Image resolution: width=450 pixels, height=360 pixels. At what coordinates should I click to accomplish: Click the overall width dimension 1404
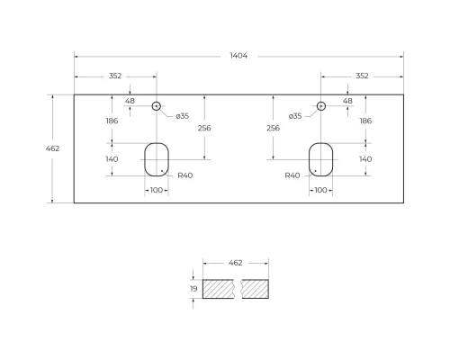point(238,56)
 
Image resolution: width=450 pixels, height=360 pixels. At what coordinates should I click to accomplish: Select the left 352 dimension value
point(115,76)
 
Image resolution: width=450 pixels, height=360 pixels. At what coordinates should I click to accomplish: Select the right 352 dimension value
point(362,76)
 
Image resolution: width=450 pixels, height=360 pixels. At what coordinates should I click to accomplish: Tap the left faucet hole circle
point(157,106)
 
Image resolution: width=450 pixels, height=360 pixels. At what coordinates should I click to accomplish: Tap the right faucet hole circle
point(321,106)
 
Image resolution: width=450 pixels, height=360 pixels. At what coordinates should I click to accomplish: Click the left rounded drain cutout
point(157,158)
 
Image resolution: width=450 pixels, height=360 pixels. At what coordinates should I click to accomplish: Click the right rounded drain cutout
point(321,158)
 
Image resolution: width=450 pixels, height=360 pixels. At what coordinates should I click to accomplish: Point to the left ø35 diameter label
point(182,116)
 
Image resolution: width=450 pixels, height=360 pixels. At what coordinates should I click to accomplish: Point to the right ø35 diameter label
point(295,116)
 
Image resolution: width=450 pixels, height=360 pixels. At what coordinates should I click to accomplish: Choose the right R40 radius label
point(292,175)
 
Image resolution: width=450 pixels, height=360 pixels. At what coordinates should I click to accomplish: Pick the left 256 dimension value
point(204,129)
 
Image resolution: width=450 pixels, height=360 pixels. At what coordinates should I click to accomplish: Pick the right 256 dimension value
point(273,129)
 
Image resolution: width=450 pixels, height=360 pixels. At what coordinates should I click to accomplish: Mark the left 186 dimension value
point(112,121)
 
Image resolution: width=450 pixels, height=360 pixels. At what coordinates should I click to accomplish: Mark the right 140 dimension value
point(365,159)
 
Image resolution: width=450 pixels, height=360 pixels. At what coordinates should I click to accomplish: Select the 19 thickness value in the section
point(193,289)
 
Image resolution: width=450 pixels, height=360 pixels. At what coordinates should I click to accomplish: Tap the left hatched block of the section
point(219,289)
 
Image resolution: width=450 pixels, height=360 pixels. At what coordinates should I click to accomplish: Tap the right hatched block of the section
point(256,289)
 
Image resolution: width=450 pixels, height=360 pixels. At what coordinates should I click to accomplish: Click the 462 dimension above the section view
point(236,264)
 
